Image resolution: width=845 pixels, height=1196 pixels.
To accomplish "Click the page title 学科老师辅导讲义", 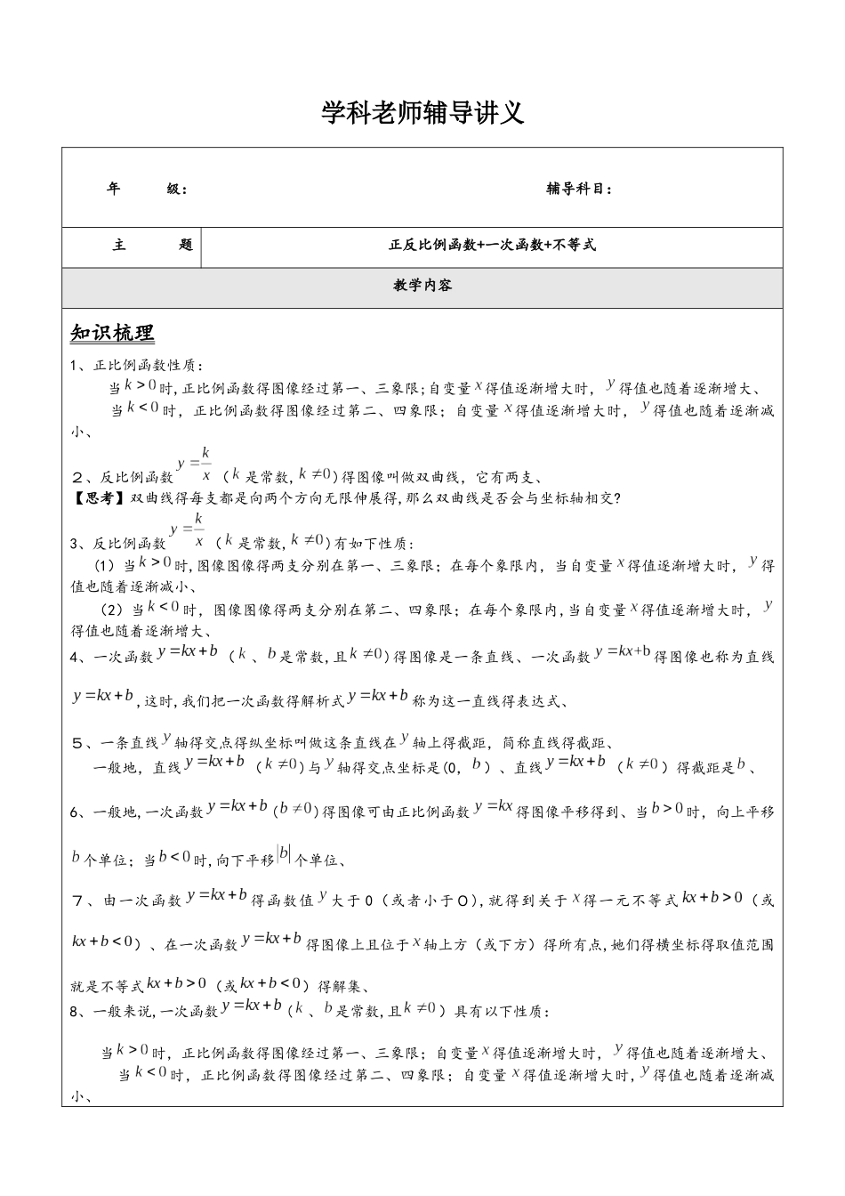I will pos(422,113).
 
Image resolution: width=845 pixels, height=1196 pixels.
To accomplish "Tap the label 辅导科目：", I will pos(579,189).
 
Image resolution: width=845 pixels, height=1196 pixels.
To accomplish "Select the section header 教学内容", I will pos(422,286).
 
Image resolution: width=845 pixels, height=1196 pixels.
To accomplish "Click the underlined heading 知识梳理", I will pos(112,334).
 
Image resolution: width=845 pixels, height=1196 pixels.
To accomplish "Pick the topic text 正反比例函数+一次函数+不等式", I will pos(492,245).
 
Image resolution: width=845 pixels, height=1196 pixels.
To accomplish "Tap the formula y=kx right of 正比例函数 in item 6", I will pos(494,806).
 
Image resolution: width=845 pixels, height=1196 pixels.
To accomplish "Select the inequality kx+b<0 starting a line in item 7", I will pos(103,941).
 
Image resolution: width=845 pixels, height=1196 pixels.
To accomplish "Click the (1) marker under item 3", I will pos(105,566).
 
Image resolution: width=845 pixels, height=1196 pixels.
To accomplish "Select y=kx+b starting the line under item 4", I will pos(104,696).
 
